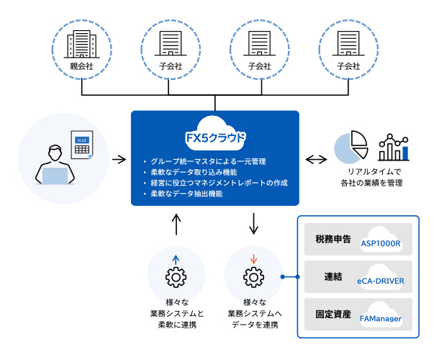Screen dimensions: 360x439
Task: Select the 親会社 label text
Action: (81, 66)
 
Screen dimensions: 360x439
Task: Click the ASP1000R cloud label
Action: (380, 243)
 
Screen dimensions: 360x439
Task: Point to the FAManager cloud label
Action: (380, 318)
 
